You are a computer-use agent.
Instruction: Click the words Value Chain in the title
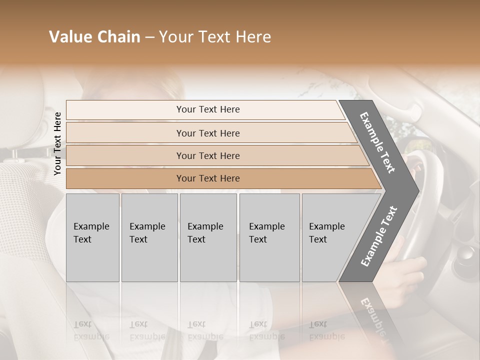pos(94,37)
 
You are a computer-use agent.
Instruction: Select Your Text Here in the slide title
pos(215,37)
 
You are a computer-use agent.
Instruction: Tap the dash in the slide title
pos(149,37)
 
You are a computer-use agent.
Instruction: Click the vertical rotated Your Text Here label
pos(57,143)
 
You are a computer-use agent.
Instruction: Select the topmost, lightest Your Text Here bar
pos(208,109)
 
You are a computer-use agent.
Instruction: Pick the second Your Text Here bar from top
pos(208,133)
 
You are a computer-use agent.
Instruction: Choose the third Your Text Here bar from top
pos(208,155)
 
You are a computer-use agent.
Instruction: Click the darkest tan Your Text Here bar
pos(208,178)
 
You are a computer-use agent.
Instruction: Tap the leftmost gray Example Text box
pos(92,237)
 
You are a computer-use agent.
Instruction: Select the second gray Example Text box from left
pos(149,237)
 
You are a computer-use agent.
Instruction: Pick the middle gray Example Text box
pos(208,237)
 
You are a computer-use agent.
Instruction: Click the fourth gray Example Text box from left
pos(269,237)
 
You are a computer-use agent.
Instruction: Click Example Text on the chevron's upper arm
pos(377,142)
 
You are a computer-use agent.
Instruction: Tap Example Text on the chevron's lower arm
pos(379,236)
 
